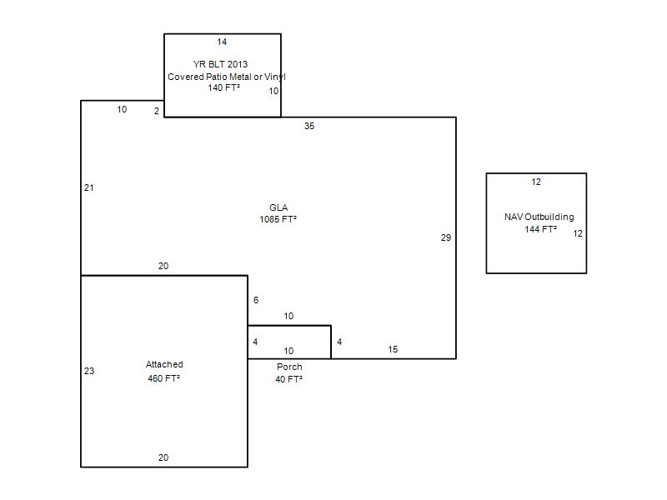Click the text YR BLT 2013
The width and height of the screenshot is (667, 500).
pos(220,64)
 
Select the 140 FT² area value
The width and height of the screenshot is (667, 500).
pos(223,87)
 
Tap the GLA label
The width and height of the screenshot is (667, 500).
pos(278,207)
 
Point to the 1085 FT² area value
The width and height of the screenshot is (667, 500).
pos(278,219)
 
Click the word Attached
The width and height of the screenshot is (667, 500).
pos(164,364)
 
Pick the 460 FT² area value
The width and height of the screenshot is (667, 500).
pos(163,378)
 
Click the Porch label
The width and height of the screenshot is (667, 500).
pos(289,367)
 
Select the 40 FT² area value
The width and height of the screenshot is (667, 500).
pos(288,379)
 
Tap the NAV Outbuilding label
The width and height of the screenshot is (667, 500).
pos(539,217)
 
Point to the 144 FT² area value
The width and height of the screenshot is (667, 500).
pos(540,230)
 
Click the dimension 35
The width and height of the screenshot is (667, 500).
pos(309,126)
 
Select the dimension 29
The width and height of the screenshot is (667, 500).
pos(446,237)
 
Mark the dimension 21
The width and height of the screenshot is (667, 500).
pos(89,187)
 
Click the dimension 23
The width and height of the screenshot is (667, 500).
pos(89,371)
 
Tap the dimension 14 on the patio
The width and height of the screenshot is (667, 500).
pos(222,42)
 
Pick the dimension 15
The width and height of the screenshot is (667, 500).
pos(393,349)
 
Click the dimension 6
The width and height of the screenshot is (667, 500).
pos(256,300)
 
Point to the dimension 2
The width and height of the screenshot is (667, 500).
pos(157,111)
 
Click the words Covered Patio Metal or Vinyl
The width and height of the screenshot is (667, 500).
pos(227,77)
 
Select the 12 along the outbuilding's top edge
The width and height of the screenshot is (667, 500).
pos(536,182)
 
